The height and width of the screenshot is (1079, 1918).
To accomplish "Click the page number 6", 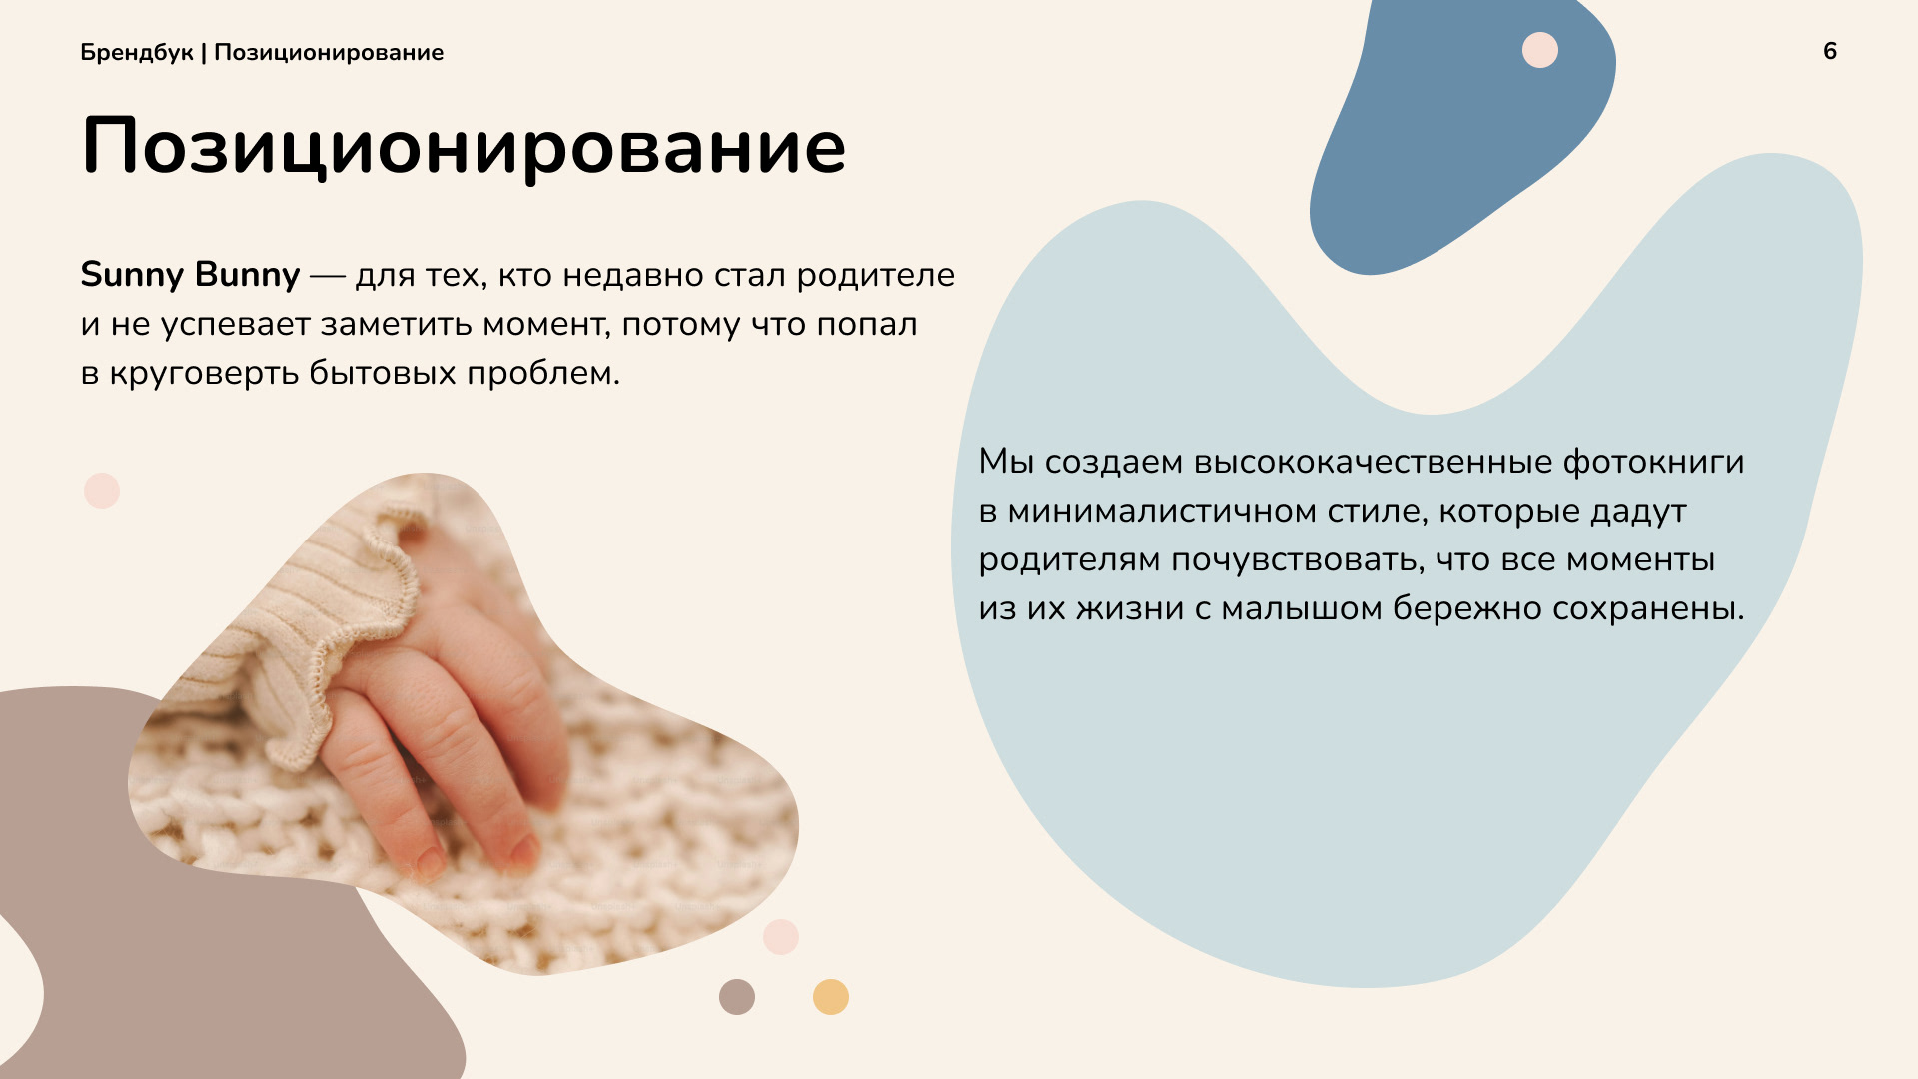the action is (x=1830, y=51).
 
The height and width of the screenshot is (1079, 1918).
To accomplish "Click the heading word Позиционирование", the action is (x=464, y=147).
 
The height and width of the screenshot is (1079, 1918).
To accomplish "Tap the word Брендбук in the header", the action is (x=137, y=53).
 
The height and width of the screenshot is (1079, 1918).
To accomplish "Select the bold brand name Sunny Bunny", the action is (x=190, y=275).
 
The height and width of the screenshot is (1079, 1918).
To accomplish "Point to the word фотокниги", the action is (x=1653, y=462).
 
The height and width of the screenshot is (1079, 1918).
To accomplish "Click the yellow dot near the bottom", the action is (x=831, y=997).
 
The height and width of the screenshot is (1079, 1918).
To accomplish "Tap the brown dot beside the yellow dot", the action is (x=737, y=997).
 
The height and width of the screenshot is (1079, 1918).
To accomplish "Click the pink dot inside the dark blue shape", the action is (x=1540, y=50).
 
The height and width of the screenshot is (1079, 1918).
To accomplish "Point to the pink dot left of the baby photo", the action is (x=102, y=491).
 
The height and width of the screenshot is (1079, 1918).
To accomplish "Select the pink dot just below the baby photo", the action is (x=781, y=937).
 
